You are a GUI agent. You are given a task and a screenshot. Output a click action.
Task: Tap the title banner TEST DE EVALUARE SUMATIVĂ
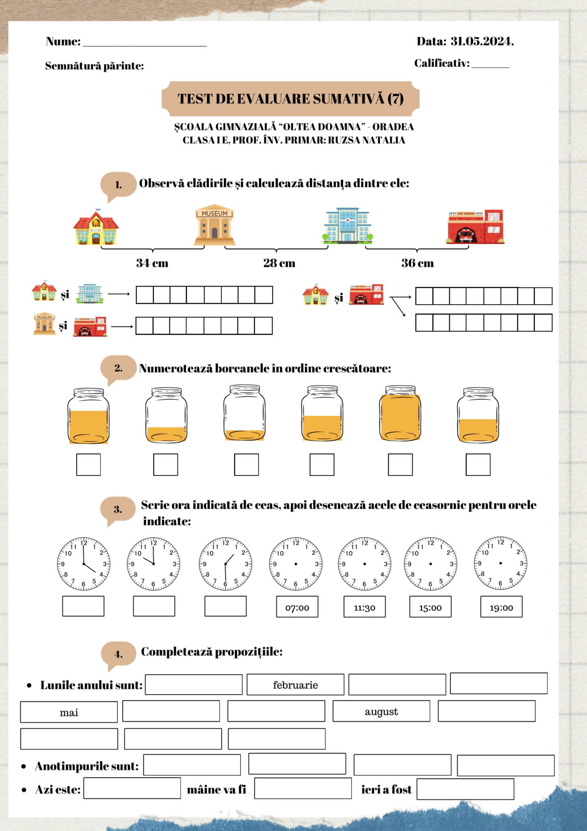click(x=290, y=99)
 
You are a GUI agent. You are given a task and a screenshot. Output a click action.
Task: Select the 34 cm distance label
click(x=152, y=263)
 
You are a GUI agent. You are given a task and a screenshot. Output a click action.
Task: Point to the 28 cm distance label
click(x=279, y=263)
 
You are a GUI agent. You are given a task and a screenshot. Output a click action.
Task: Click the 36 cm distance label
click(x=417, y=263)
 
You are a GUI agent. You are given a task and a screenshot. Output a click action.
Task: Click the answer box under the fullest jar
click(x=400, y=465)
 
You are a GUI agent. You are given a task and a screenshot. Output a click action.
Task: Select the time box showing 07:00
click(x=297, y=607)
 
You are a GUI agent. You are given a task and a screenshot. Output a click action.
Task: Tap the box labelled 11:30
click(x=364, y=607)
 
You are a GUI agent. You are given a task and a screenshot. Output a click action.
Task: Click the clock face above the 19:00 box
click(x=500, y=563)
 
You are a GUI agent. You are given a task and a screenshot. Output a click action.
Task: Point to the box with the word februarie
click(x=295, y=685)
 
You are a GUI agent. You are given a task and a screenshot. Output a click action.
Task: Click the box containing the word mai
click(x=69, y=712)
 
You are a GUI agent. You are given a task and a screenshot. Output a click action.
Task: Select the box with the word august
click(x=381, y=711)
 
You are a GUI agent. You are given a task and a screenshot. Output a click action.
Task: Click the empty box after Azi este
click(x=132, y=788)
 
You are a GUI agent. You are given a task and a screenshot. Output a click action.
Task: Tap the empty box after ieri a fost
click(x=465, y=789)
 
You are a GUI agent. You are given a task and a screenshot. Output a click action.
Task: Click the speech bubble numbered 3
click(x=118, y=509)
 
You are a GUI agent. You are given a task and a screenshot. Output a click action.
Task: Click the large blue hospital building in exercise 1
click(x=347, y=226)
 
